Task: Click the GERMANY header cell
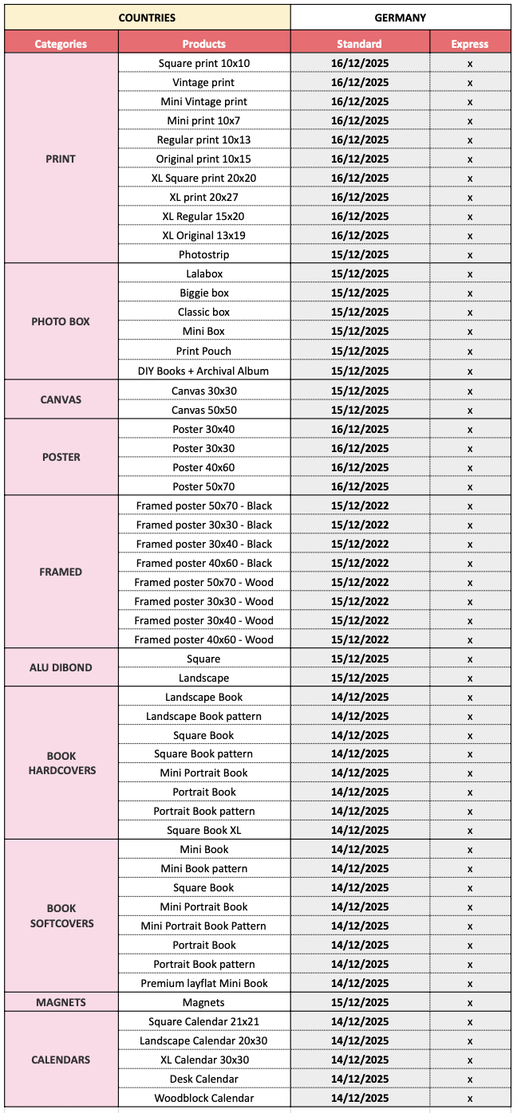point(400,17)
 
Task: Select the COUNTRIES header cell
point(147,17)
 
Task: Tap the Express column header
point(469,44)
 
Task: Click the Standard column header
point(360,44)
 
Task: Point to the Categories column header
point(61,44)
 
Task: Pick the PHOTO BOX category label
point(61,322)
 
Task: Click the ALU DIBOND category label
point(61,668)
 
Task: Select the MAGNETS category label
point(61,1002)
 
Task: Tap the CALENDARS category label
point(61,1060)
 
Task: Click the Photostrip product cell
point(203,255)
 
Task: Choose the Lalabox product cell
point(203,274)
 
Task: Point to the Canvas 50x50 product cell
point(203,410)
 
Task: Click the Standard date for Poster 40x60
point(360,467)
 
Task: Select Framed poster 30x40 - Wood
point(203,620)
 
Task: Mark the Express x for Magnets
point(470,1003)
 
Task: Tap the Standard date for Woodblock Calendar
point(360,1098)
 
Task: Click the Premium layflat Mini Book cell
point(203,983)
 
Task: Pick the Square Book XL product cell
point(203,830)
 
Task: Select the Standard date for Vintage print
point(360,82)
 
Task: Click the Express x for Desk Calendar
point(470,1080)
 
